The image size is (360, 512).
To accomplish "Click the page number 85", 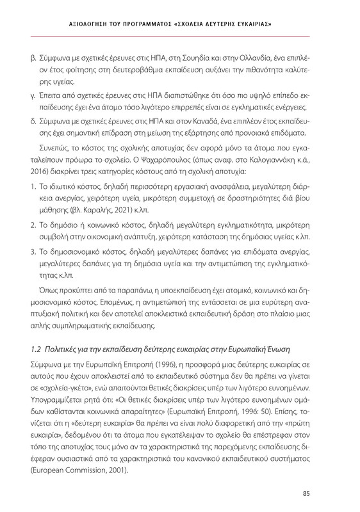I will click(324, 492).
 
